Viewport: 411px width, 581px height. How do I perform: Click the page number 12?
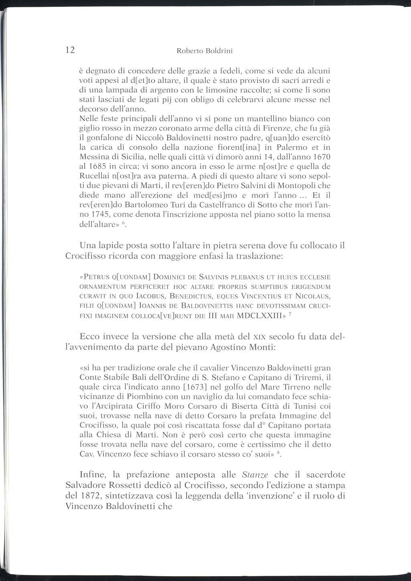[70, 50]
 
